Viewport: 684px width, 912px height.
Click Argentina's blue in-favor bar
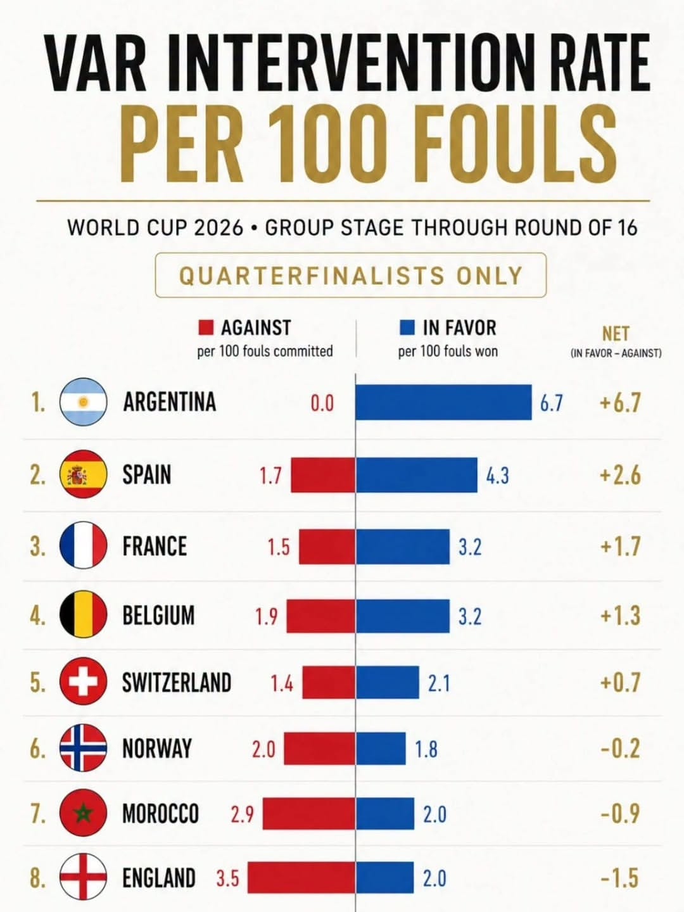pos(443,402)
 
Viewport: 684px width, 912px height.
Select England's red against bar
pos(301,877)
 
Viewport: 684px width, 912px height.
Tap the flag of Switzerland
pos(84,682)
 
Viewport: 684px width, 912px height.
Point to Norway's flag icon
pos(84,748)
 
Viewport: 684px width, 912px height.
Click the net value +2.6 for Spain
pos(620,475)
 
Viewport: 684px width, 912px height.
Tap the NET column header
pos(616,334)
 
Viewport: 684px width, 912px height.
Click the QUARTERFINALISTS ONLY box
pos(351,275)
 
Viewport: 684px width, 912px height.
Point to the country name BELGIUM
pos(158,615)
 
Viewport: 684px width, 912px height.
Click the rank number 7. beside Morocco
pos(37,813)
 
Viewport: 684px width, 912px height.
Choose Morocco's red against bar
pos(309,813)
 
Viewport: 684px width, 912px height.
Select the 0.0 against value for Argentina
pos(322,403)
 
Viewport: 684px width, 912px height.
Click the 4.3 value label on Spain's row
pos(498,476)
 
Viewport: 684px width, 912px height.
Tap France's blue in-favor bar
pos(402,547)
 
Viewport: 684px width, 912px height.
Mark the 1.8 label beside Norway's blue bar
pos(426,749)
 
